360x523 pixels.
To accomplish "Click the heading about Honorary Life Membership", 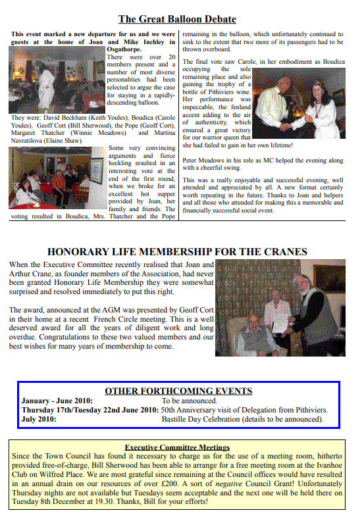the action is [x=177, y=251].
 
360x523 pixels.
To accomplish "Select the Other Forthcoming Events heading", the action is [x=178, y=391].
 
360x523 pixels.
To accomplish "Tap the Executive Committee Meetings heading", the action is [x=177, y=447].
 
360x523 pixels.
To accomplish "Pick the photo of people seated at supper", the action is [x=57, y=178].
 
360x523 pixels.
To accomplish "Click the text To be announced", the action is [x=190, y=400].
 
